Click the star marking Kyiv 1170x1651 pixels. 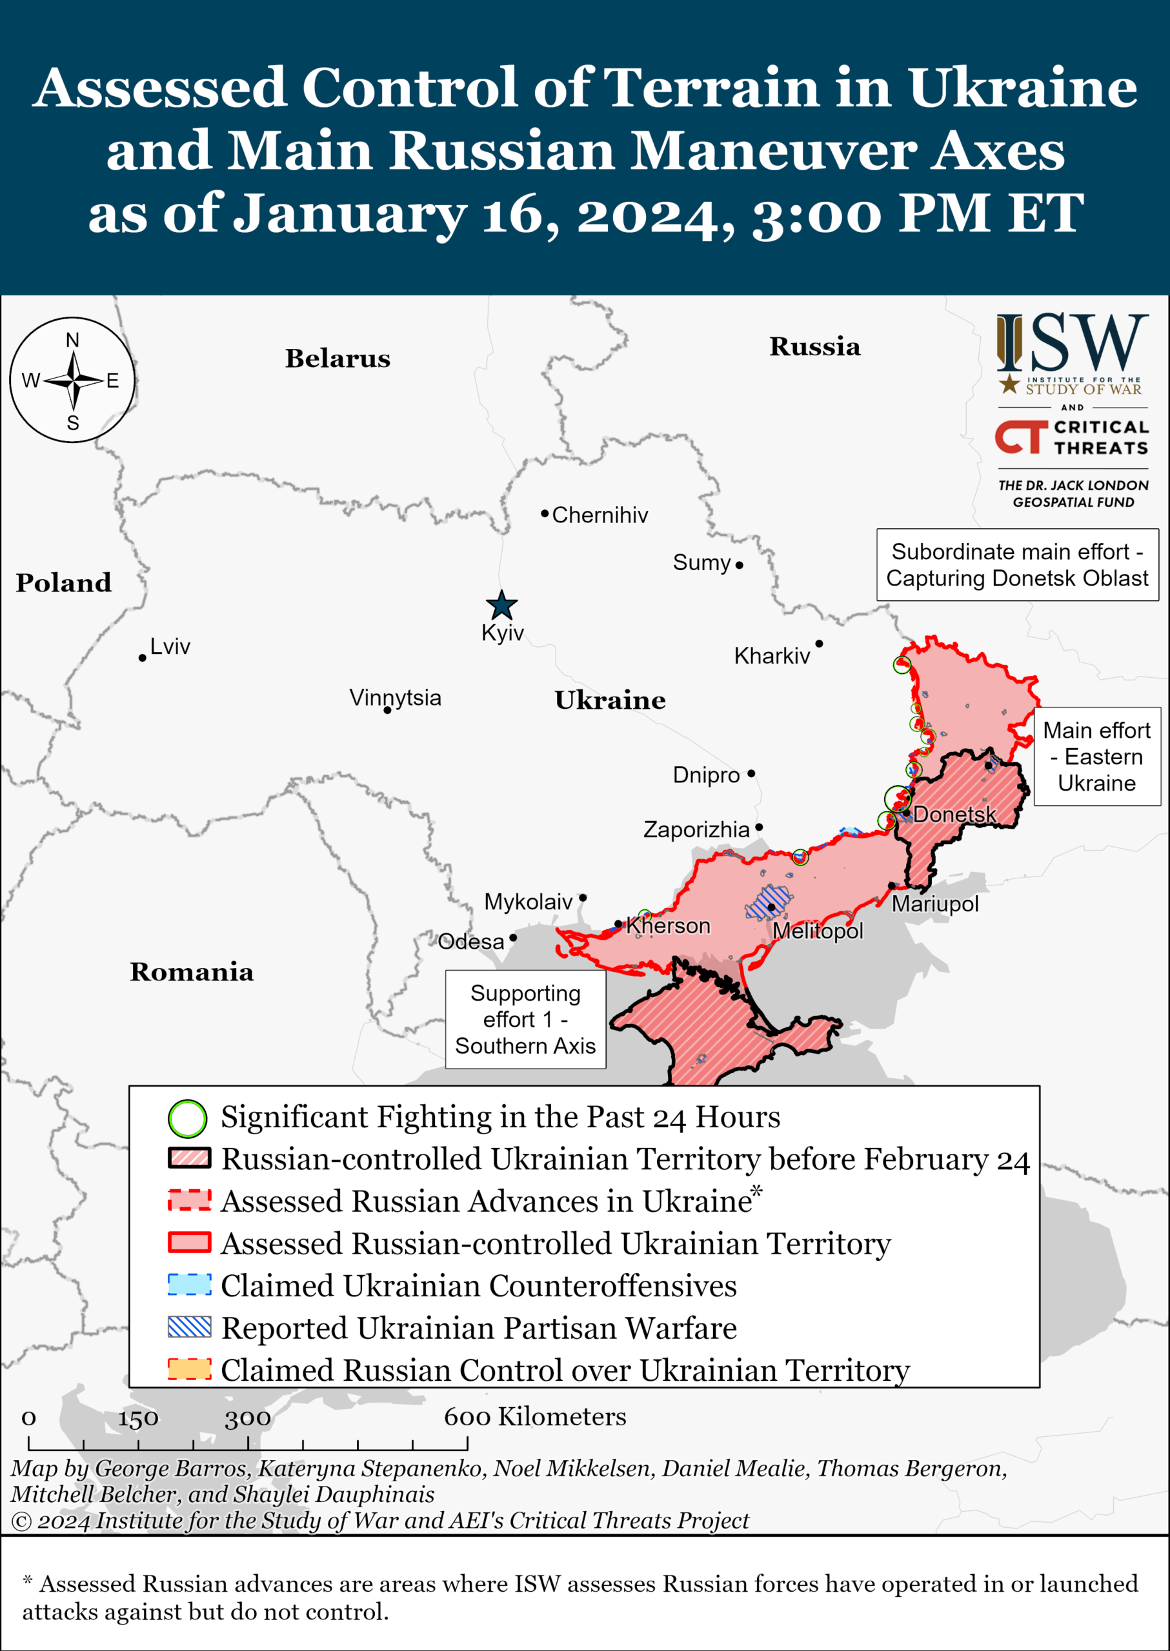[501, 605]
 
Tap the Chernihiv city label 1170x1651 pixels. [600, 515]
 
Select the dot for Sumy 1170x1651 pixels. [739, 565]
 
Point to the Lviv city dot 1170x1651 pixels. [143, 658]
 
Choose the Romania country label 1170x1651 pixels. [192, 972]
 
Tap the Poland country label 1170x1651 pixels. [63, 582]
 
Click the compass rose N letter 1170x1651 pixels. [73, 340]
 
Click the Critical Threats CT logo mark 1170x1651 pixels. [1021, 437]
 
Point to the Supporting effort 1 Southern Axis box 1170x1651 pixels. [525, 1020]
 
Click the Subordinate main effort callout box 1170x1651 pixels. [1016, 565]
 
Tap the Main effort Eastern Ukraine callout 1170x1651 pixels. [1096, 756]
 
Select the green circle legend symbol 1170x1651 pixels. [187, 1118]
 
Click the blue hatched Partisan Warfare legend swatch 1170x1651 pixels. [190, 1327]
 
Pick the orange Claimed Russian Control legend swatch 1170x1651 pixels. [190, 1369]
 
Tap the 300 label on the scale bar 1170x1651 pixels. [248, 1418]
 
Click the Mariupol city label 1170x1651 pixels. [935, 904]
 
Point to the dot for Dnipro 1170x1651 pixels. [751, 773]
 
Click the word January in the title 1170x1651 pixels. [351, 214]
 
